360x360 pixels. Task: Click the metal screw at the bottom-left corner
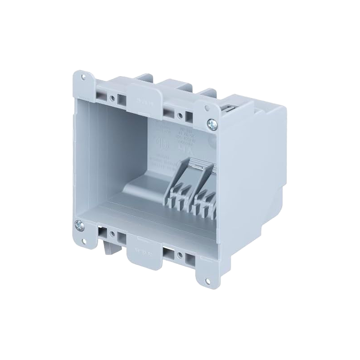[79, 224]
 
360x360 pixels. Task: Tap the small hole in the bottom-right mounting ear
[207, 281]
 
